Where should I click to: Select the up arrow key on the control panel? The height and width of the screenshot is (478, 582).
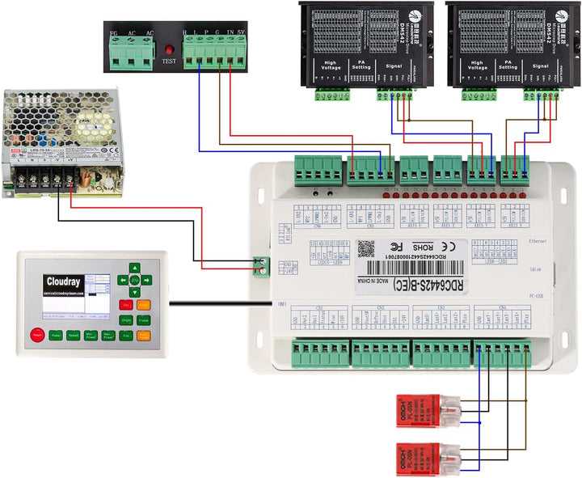tap(135, 267)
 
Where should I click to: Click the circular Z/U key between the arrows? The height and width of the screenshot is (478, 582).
tap(135, 281)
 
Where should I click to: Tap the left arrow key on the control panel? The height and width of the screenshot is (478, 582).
tap(122, 281)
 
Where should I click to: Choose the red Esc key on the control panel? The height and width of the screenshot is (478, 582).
tap(126, 304)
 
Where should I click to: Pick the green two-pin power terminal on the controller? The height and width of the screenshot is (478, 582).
tap(260, 265)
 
